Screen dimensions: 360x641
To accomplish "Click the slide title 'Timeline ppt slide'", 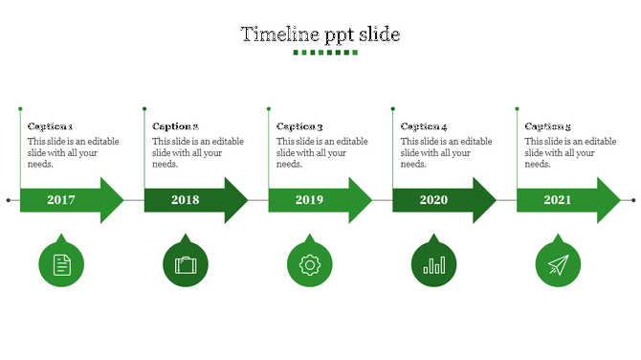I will (320, 34).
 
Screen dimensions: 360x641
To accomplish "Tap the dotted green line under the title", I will (320, 53).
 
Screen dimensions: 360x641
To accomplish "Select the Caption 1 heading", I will (51, 126).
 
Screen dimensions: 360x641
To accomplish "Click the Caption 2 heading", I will (175, 126).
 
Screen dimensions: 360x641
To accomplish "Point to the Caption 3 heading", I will (299, 126).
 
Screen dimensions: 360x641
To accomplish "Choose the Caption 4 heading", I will (424, 126).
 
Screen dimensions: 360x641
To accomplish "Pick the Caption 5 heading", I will (548, 126).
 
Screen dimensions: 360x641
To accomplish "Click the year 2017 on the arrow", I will (61, 200).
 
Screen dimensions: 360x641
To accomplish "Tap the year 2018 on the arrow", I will (186, 200).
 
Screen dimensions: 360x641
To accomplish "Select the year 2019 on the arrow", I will (310, 200).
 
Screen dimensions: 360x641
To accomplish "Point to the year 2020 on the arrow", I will (433, 200).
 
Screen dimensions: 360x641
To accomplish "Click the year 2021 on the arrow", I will (558, 200).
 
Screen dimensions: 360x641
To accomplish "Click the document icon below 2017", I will (61, 264).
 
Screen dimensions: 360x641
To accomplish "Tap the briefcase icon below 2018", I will (186, 264).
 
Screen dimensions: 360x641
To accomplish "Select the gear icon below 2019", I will (309, 264).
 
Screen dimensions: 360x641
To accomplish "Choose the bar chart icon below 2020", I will (433, 264).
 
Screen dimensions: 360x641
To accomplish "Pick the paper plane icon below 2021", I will (558, 264).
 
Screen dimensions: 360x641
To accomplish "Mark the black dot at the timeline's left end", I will (9, 200).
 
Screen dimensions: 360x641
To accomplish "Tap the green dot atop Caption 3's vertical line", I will (269, 109).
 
